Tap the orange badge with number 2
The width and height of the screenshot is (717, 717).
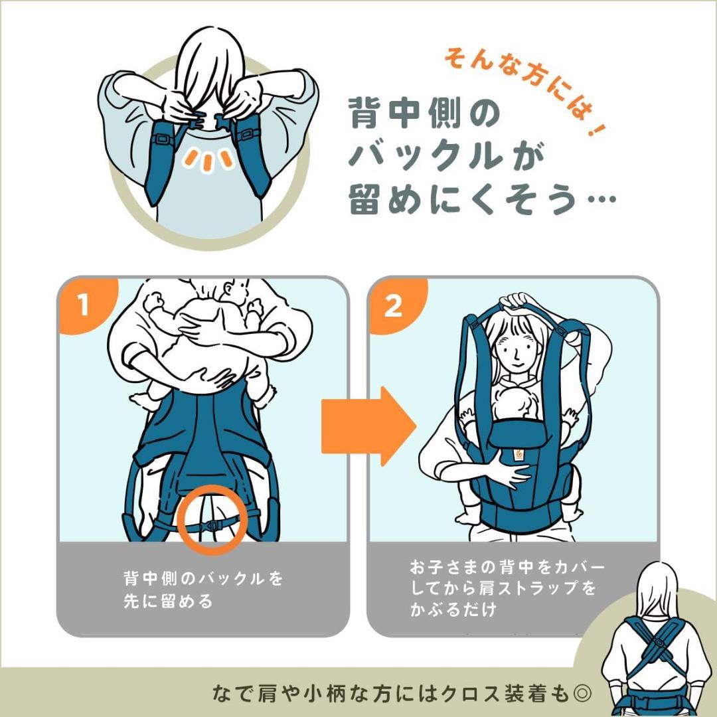tap(393, 306)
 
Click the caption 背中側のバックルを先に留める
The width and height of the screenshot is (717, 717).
tap(202, 590)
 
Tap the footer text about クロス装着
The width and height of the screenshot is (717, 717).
tap(392, 694)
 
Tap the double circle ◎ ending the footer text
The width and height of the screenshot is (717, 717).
tap(582, 694)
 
